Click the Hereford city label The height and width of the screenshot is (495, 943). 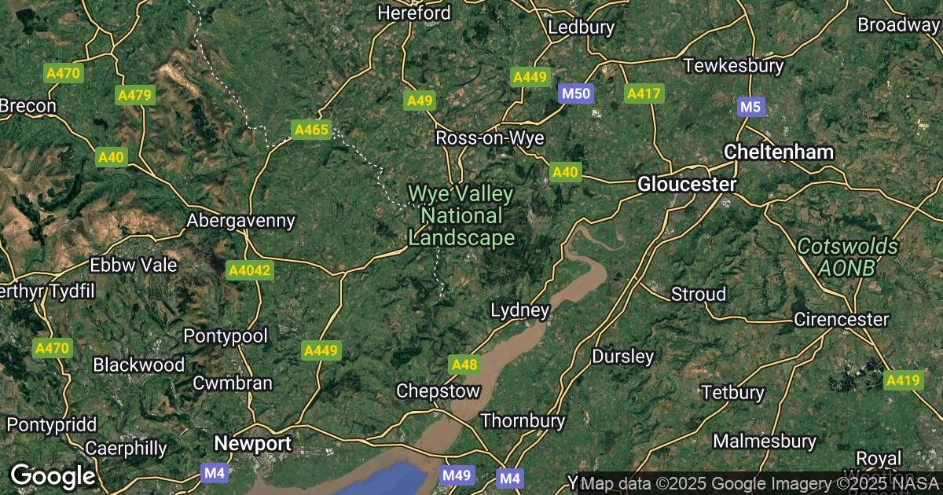coord(414,13)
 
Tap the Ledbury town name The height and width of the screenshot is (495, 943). coord(581,27)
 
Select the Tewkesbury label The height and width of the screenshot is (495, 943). coord(733,65)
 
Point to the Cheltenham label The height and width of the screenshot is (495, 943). coord(779,152)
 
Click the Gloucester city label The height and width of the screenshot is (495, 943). coord(688,185)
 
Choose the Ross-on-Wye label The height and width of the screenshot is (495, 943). coord(490,138)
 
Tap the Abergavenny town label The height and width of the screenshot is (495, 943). coord(240,221)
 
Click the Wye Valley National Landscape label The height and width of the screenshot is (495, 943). coord(461,215)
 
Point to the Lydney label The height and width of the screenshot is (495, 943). coord(519,310)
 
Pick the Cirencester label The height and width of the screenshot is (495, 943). coord(841,320)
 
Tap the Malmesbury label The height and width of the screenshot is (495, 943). coord(765,441)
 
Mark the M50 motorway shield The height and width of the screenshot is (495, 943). coord(574,94)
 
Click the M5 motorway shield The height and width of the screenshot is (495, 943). coord(751,107)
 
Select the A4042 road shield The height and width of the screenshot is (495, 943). coord(248,271)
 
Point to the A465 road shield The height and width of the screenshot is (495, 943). coord(310,130)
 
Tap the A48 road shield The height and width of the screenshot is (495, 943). coord(464,364)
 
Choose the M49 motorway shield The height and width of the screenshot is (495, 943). coord(457,475)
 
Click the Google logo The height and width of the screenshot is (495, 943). coord(53,475)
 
